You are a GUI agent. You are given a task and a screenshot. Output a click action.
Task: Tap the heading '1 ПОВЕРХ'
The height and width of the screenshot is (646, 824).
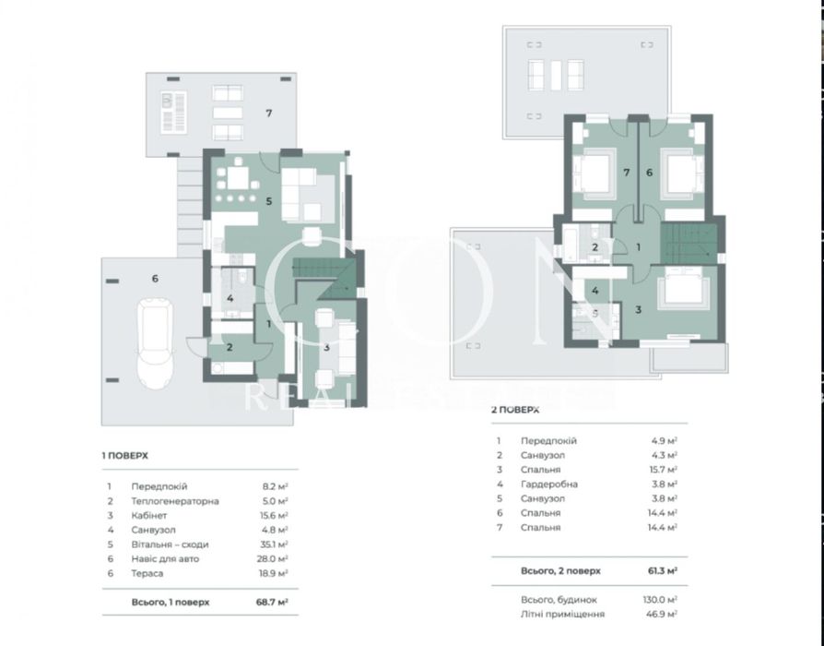[x=124, y=455]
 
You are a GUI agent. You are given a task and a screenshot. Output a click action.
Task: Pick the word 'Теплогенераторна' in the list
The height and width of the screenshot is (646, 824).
[x=175, y=501]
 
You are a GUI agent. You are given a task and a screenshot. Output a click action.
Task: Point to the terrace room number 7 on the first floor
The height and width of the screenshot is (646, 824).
[x=268, y=114]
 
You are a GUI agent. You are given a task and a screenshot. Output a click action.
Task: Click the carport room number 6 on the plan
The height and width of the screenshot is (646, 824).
[x=154, y=277]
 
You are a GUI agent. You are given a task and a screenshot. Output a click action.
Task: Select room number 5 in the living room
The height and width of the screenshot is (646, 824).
[x=269, y=200]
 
